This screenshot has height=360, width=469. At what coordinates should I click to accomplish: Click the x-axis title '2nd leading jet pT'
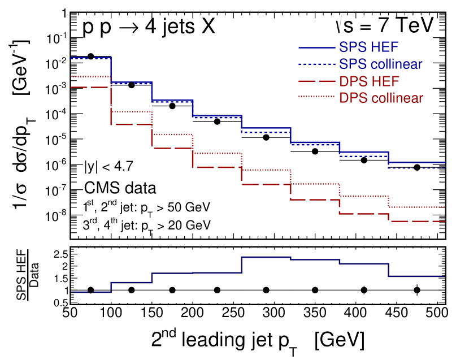(257, 340)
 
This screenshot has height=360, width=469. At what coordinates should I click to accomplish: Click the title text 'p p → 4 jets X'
(149, 28)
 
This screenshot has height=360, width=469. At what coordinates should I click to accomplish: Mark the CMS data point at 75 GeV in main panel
(90, 57)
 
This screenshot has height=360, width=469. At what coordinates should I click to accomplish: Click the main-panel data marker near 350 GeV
(315, 151)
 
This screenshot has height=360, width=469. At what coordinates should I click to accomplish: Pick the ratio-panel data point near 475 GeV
(417, 290)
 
